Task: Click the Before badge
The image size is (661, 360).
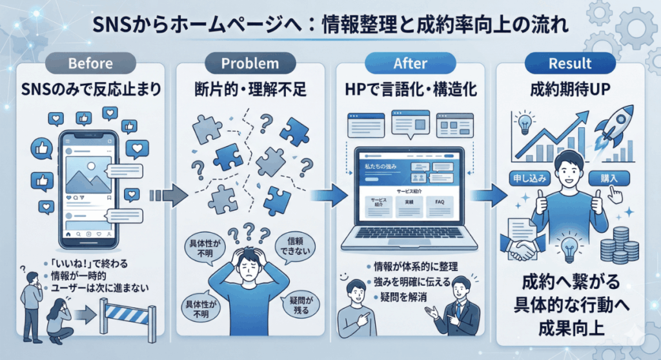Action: (x=90, y=64)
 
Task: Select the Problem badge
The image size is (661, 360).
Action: (x=250, y=64)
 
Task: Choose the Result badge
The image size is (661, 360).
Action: (x=569, y=64)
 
